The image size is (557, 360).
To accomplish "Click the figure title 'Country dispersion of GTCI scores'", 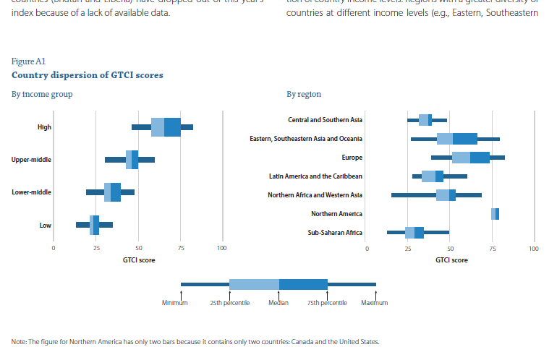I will [88, 74].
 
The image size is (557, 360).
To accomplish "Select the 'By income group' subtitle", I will [42, 94].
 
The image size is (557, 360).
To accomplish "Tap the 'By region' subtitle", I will [304, 94].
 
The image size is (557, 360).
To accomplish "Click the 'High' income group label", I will [44, 127].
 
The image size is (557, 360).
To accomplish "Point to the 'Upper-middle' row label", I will [31, 160].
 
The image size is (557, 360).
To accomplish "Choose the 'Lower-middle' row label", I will [31, 192].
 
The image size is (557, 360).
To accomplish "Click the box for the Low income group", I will [94, 225].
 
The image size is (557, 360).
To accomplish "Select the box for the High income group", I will [166, 127].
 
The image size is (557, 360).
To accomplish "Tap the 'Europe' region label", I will [352, 157].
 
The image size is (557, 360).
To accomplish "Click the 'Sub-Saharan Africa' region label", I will [335, 233].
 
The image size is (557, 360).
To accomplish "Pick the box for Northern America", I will [495, 214].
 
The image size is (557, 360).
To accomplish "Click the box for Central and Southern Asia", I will [425, 120].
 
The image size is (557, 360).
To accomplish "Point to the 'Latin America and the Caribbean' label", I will [315, 176].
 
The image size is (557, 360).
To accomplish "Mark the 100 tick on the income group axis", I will [222, 248].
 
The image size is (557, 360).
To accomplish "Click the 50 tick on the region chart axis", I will [450, 248].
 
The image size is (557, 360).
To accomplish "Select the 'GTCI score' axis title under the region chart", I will [450, 260].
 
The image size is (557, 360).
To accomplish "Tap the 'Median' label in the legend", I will [279, 303].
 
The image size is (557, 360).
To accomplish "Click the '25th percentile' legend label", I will [229, 303].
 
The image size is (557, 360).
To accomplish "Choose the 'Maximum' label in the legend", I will [375, 303].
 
